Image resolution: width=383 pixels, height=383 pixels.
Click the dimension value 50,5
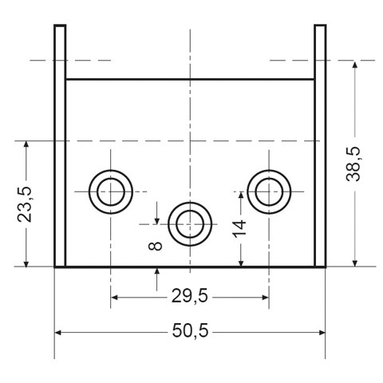pyautogui.click(x=190, y=331)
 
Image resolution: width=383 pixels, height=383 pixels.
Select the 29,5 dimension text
pyautogui.click(x=189, y=296)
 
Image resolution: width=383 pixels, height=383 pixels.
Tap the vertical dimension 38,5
pyautogui.click(x=353, y=164)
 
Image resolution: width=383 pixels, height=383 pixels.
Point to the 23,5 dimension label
pyautogui.click(x=25, y=204)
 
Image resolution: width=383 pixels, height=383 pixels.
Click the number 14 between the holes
pyautogui.click(x=239, y=228)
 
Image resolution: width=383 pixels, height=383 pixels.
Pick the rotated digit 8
pyautogui.click(x=156, y=246)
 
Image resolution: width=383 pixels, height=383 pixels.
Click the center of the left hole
pyautogui.click(x=111, y=191)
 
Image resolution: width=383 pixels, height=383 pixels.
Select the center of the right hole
pyautogui.click(x=269, y=191)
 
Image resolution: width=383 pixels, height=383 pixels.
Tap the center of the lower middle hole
pyautogui.click(x=190, y=224)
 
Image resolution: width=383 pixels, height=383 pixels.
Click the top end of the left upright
pyautogui.click(x=60, y=26)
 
